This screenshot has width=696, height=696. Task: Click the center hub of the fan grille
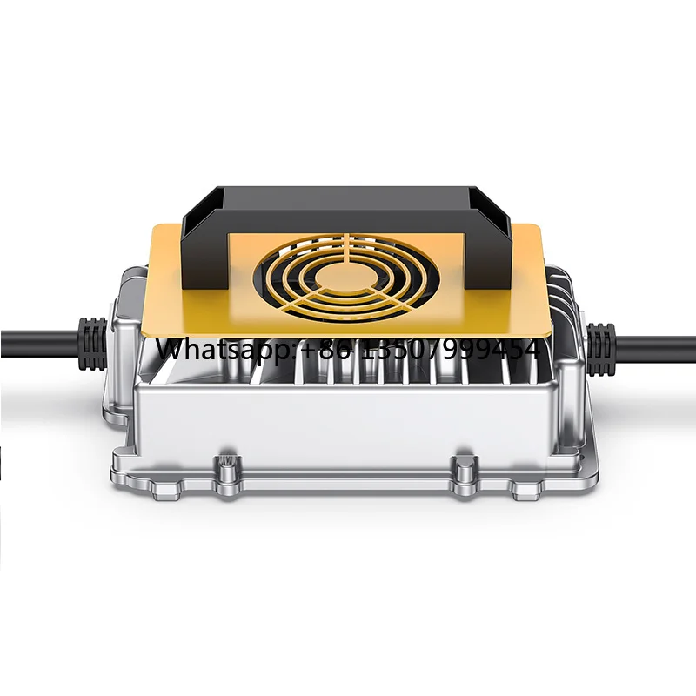(345, 277)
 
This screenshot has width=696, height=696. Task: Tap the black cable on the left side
(39, 344)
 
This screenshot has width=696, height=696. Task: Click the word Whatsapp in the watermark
(227, 350)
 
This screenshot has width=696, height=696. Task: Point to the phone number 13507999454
(452, 348)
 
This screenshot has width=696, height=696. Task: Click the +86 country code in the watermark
(330, 348)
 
